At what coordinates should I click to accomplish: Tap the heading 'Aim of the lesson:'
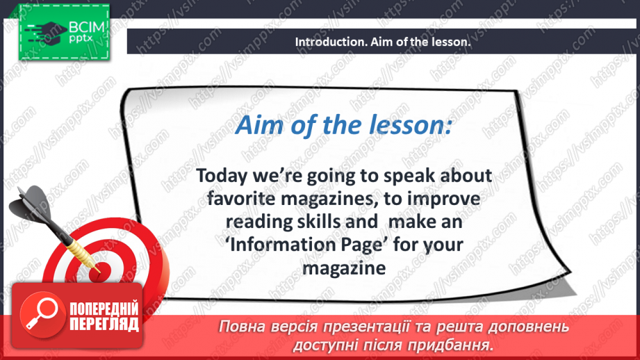click(x=344, y=124)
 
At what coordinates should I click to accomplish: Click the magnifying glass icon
click(x=42, y=313)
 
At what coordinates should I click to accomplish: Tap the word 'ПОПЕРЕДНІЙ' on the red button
click(x=104, y=309)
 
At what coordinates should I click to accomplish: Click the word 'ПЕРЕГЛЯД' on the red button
click(x=104, y=324)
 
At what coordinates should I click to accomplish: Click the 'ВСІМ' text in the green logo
click(x=87, y=27)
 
